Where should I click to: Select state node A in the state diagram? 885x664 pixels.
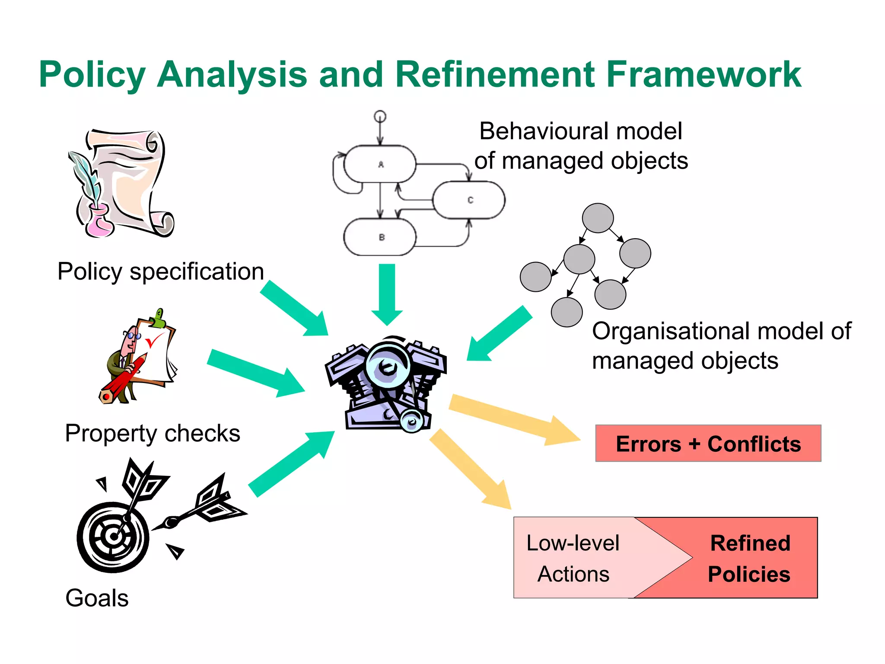coord(380,164)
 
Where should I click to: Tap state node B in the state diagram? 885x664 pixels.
coord(380,237)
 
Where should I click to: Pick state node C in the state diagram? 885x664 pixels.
coord(469,200)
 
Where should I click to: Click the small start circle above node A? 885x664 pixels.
coord(380,116)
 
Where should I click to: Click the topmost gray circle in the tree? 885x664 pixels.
coord(598,218)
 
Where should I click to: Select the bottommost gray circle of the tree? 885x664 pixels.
coord(567,312)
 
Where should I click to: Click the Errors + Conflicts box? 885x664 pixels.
coord(708,444)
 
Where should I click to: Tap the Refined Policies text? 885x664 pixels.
coord(750,558)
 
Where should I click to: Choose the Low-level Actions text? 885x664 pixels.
coord(573,558)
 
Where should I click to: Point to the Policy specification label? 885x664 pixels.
coord(161,271)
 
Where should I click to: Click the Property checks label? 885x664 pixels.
coord(153,433)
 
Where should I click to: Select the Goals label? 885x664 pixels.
coord(97,598)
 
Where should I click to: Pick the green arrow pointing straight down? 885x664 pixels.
coord(387,294)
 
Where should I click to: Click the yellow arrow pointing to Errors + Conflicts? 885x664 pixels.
coord(514,419)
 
